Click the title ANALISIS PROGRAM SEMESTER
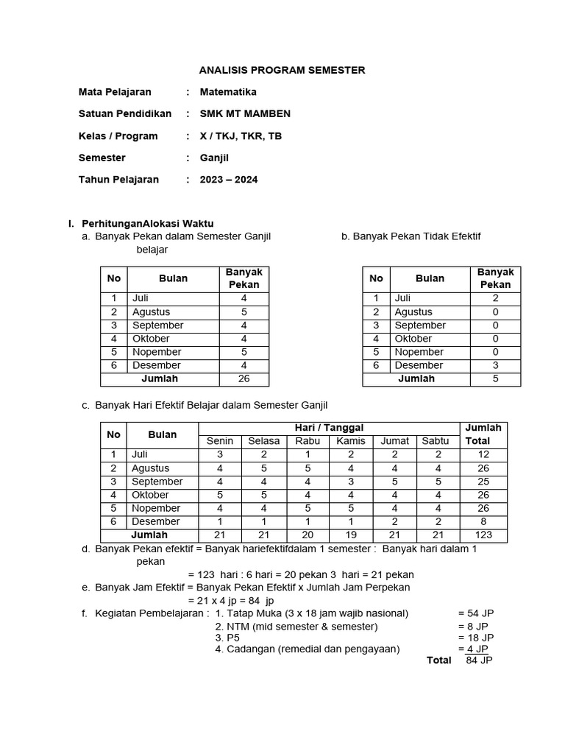pyautogui.click(x=282, y=71)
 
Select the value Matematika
pyautogui.click(x=228, y=92)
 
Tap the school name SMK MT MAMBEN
pyautogui.click(x=245, y=113)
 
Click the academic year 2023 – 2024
pyautogui.click(x=229, y=179)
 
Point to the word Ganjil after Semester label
pyautogui.click(x=214, y=158)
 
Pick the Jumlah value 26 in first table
pyautogui.click(x=244, y=379)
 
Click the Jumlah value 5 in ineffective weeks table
pyautogui.click(x=495, y=379)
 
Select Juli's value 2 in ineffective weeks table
pyautogui.click(x=495, y=299)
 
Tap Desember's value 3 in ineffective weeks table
pyautogui.click(x=495, y=365)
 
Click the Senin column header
pyautogui.click(x=220, y=441)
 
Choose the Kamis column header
pyautogui.click(x=351, y=441)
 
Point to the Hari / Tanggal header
pyautogui.click(x=329, y=428)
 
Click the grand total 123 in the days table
pyautogui.click(x=483, y=535)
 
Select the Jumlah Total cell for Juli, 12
pyautogui.click(x=483, y=455)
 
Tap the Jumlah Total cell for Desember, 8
pyautogui.click(x=483, y=522)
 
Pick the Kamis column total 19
pyautogui.click(x=351, y=535)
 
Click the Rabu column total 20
pyautogui.click(x=308, y=535)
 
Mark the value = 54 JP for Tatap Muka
pyautogui.click(x=475, y=613)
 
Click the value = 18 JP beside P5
pyautogui.click(x=475, y=638)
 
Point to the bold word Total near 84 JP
pyautogui.click(x=439, y=660)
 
